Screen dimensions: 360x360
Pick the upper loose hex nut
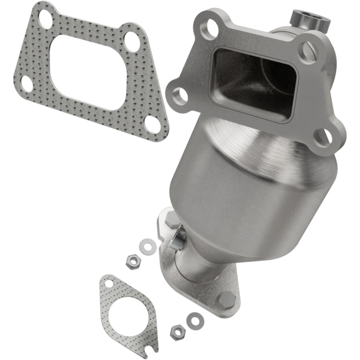point(133,262)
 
